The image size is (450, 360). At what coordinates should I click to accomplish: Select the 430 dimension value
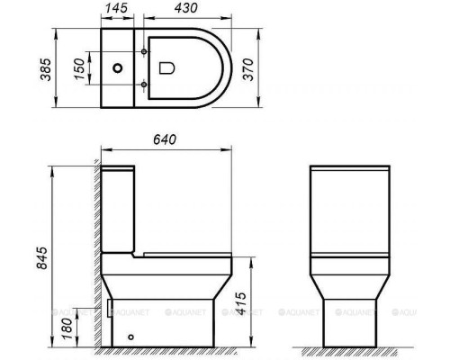tap(186, 7)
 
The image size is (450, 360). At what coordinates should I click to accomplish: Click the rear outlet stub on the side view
tap(106, 310)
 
